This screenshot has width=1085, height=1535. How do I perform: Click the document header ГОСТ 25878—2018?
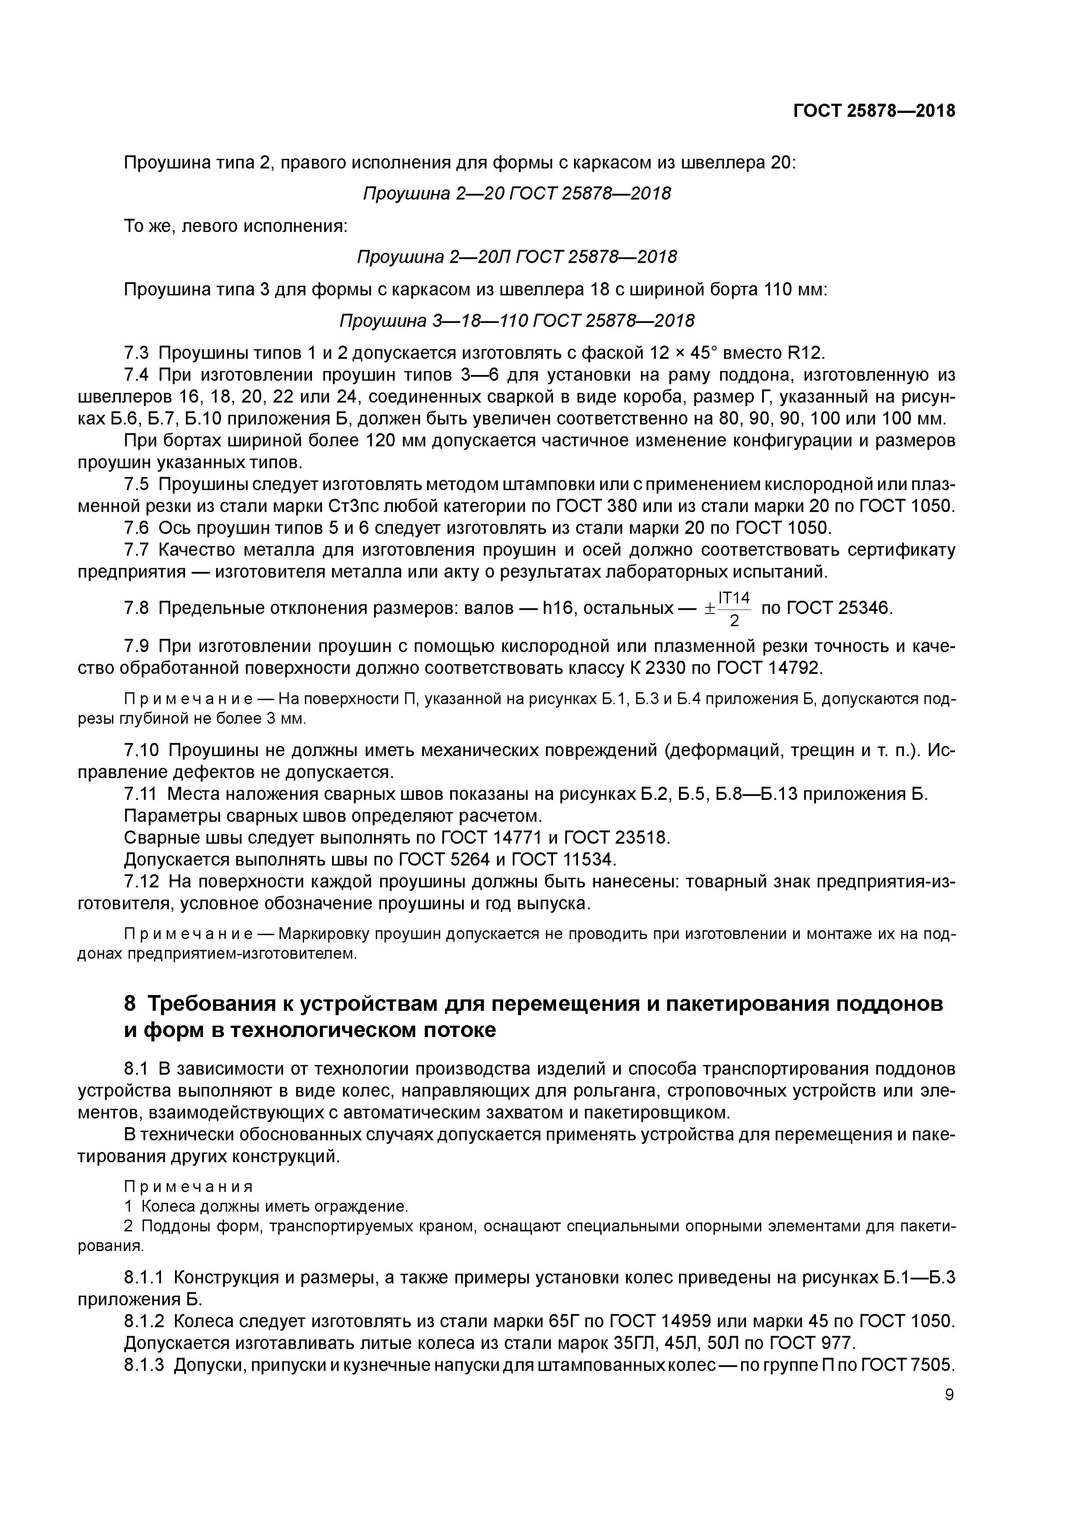pyautogui.click(x=874, y=111)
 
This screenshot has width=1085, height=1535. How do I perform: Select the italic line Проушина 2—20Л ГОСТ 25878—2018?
pyautogui.click(x=516, y=257)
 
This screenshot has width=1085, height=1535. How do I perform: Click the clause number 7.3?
pyautogui.click(x=137, y=352)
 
